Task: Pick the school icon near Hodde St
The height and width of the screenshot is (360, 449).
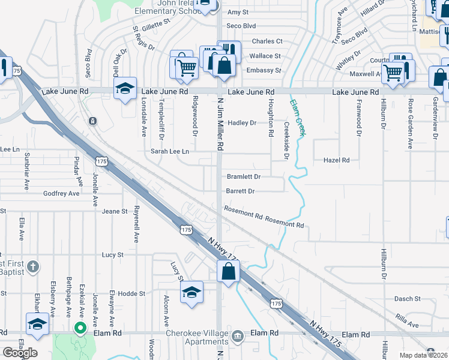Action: [x=191, y=292]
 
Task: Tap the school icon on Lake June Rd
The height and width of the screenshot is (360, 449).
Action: [x=125, y=89]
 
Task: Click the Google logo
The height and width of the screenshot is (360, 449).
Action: [x=20, y=352]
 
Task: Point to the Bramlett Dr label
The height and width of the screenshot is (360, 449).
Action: [x=243, y=177]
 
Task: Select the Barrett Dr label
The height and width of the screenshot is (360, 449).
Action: [x=240, y=191]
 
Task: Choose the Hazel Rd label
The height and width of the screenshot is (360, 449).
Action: [x=336, y=160]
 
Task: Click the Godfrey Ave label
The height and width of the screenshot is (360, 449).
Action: [x=61, y=194]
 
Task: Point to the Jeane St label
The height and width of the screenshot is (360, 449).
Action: [x=115, y=211]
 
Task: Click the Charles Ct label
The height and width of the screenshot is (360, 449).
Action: [x=267, y=41]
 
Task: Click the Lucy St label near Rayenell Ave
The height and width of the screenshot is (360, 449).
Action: [x=112, y=255]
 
